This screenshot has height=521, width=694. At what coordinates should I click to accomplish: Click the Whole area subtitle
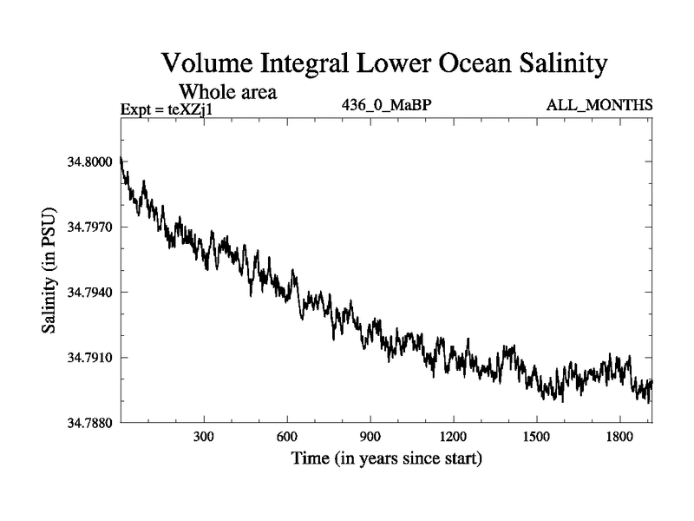click(227, 92)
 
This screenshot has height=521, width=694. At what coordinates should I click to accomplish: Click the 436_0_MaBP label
click(386, 106)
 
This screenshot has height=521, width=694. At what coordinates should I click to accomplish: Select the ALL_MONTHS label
click(599, 106)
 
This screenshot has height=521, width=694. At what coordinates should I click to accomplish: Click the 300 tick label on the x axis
click(205, 436)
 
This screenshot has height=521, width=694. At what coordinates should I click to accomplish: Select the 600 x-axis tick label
click(288, 436)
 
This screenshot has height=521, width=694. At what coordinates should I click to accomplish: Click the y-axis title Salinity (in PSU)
click(49, 270)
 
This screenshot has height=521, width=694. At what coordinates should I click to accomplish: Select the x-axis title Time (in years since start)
click(386, 457)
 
